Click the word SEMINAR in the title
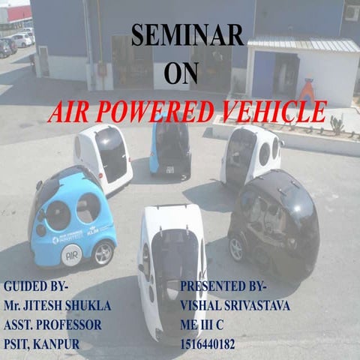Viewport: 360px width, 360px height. (187, 35)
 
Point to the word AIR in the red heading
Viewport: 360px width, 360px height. (67, 112)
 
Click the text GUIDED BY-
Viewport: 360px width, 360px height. (36, 286)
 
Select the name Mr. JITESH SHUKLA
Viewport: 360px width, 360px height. (56, 306)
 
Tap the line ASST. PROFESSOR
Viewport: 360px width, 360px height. (52, 325)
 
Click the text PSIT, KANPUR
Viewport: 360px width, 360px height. (41, 345)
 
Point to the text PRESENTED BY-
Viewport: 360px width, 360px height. (226, 286)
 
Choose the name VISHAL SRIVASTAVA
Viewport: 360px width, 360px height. (235, 306)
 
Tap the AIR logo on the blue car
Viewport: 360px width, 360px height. (71, 254)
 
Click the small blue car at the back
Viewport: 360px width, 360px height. (169, 146)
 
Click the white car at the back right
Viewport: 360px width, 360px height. (250, 155)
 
